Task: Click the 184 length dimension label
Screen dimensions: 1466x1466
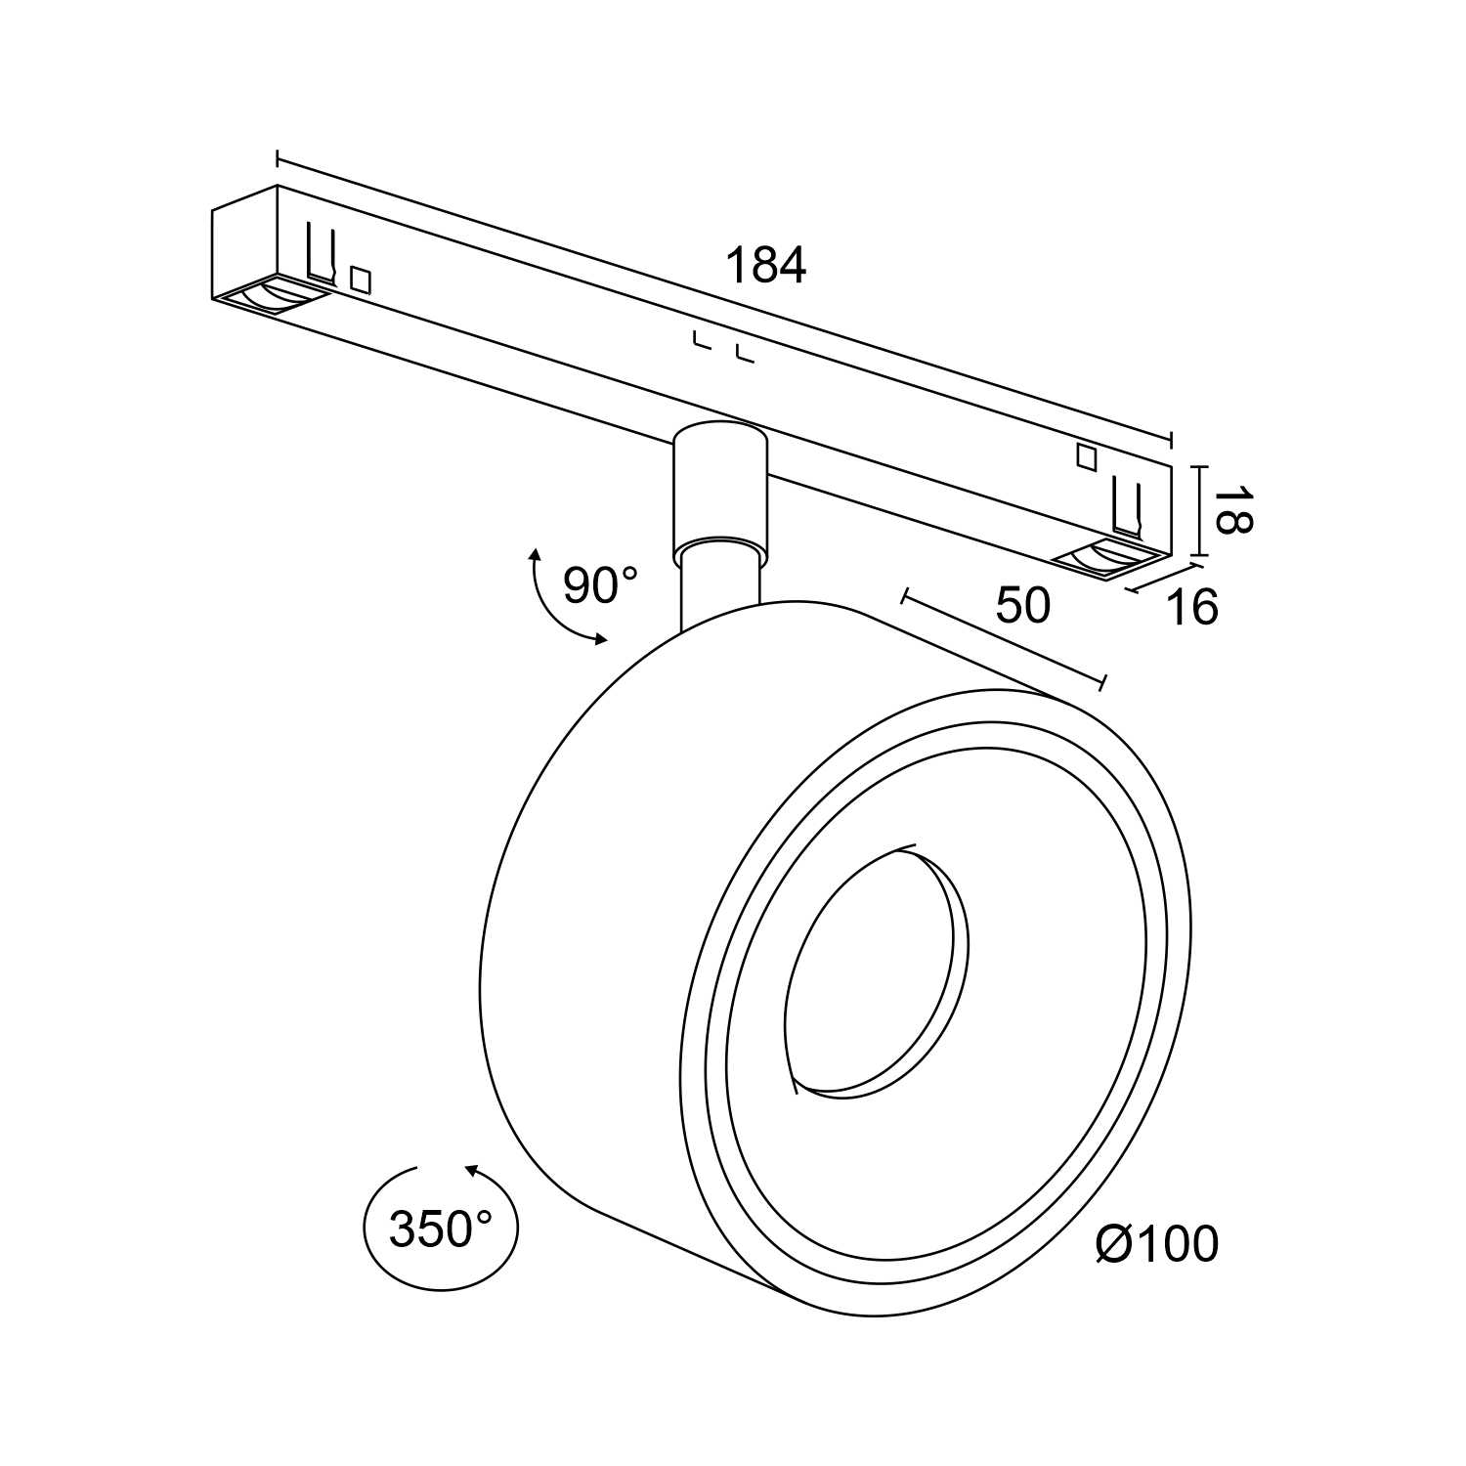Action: (x=765, y=265)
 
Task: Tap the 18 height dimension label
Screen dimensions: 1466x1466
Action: (x=1230, y=509)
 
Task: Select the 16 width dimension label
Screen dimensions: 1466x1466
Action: (x=1192, y=607)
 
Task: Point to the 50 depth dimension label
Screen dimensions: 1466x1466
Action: (x=1022, y=605)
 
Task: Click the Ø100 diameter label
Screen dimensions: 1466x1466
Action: (x=1157, y=1244)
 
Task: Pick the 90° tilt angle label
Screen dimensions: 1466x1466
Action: (x=599, y=585)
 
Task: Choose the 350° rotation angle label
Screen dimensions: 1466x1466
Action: (x=440, y=1229)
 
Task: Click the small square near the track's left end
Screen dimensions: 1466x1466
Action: (x=361, y=280)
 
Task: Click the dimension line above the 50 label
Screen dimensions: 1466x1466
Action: (x=1004, y=638)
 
